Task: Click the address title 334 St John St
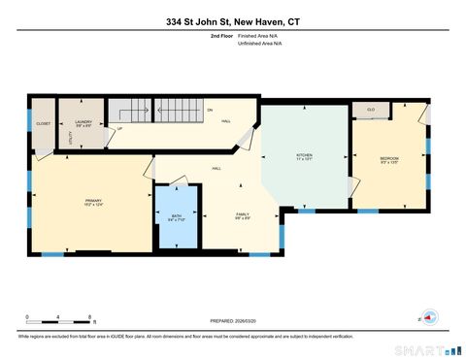point(232,20)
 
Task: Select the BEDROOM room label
point(389,157)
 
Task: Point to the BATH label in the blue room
point(176,216)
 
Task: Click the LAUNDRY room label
point(83,121)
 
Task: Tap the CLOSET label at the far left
point(43,124)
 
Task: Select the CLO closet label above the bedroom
point(371,111)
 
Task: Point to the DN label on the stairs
point(209,110)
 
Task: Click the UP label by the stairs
point(119,129)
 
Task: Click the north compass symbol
point(428,315)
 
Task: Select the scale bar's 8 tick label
point(90,317)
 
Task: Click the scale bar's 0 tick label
point(27,317)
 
